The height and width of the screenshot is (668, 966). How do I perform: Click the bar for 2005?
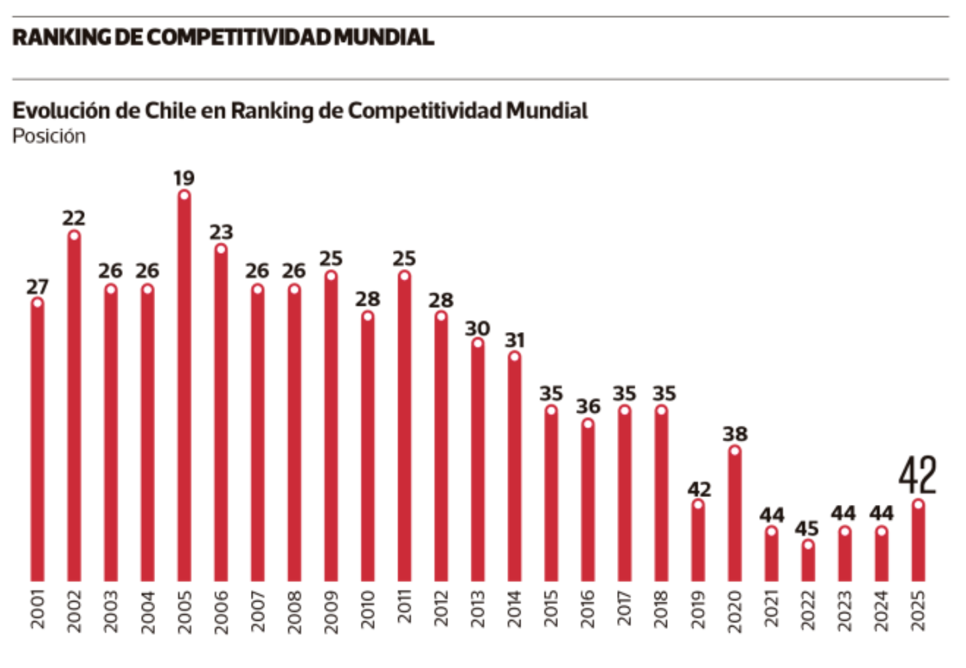click(185, 388)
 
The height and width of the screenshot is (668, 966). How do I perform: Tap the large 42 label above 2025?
click(917, 475)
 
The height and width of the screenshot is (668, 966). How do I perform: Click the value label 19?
click(184, 178)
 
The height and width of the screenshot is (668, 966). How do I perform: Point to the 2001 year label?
click(38, 609)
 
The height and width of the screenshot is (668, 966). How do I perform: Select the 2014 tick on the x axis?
click(515, 609)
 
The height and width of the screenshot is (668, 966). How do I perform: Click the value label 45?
click(807, 529)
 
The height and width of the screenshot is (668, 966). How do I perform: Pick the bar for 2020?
click(735, 516)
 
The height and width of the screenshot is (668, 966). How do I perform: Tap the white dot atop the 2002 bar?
click(74, 236)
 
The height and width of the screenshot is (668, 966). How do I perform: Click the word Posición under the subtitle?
click(49, 136)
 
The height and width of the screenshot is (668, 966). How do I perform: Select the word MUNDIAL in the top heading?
click(384, 37)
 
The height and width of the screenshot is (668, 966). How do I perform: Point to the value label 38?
click(735, 434)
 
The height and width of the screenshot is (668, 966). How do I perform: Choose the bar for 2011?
click(405, 427)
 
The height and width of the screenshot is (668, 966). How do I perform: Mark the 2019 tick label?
click(698, 609)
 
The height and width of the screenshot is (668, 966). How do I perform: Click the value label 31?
click(515, 340)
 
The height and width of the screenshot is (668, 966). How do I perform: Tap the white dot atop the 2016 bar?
click(588, 423)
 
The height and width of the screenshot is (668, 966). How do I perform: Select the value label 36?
click(588, 406)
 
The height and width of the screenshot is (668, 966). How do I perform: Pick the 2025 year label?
click(918, 609)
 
